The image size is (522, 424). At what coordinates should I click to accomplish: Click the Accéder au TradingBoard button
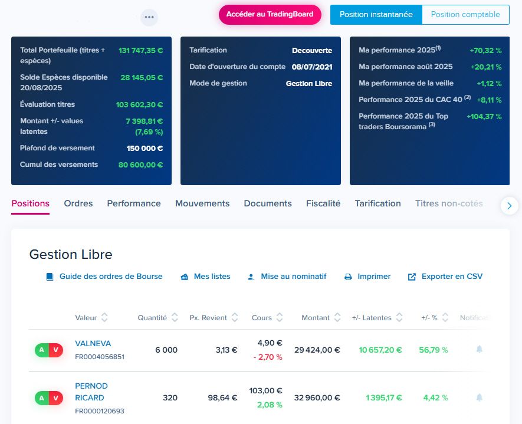click(270, 15)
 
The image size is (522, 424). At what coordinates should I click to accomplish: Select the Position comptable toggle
click(465, 15)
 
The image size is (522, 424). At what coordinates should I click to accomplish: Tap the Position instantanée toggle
click(376, 15)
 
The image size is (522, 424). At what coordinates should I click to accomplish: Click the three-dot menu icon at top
click(149, 17)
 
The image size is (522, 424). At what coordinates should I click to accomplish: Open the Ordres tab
click(78, 203)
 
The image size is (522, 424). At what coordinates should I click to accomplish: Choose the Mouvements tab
click(202, 203)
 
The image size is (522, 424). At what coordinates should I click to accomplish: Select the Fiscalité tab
click(323, 203)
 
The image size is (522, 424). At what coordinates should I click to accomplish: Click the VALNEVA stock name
click(93, 343)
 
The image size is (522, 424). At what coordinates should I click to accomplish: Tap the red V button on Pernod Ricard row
click(56, 398)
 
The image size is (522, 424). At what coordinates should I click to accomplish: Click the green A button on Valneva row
click(42, 350)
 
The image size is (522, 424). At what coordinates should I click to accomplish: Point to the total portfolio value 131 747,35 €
click(140, 51)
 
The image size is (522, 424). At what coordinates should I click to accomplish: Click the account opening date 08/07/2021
click(311, 67)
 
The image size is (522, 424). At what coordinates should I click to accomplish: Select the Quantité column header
click(152, 318)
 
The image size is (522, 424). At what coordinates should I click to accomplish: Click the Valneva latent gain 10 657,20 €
click(380, 350)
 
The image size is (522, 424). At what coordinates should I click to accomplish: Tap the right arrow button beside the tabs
click(509, 205)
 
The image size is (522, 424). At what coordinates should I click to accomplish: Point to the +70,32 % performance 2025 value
click(485, 51)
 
